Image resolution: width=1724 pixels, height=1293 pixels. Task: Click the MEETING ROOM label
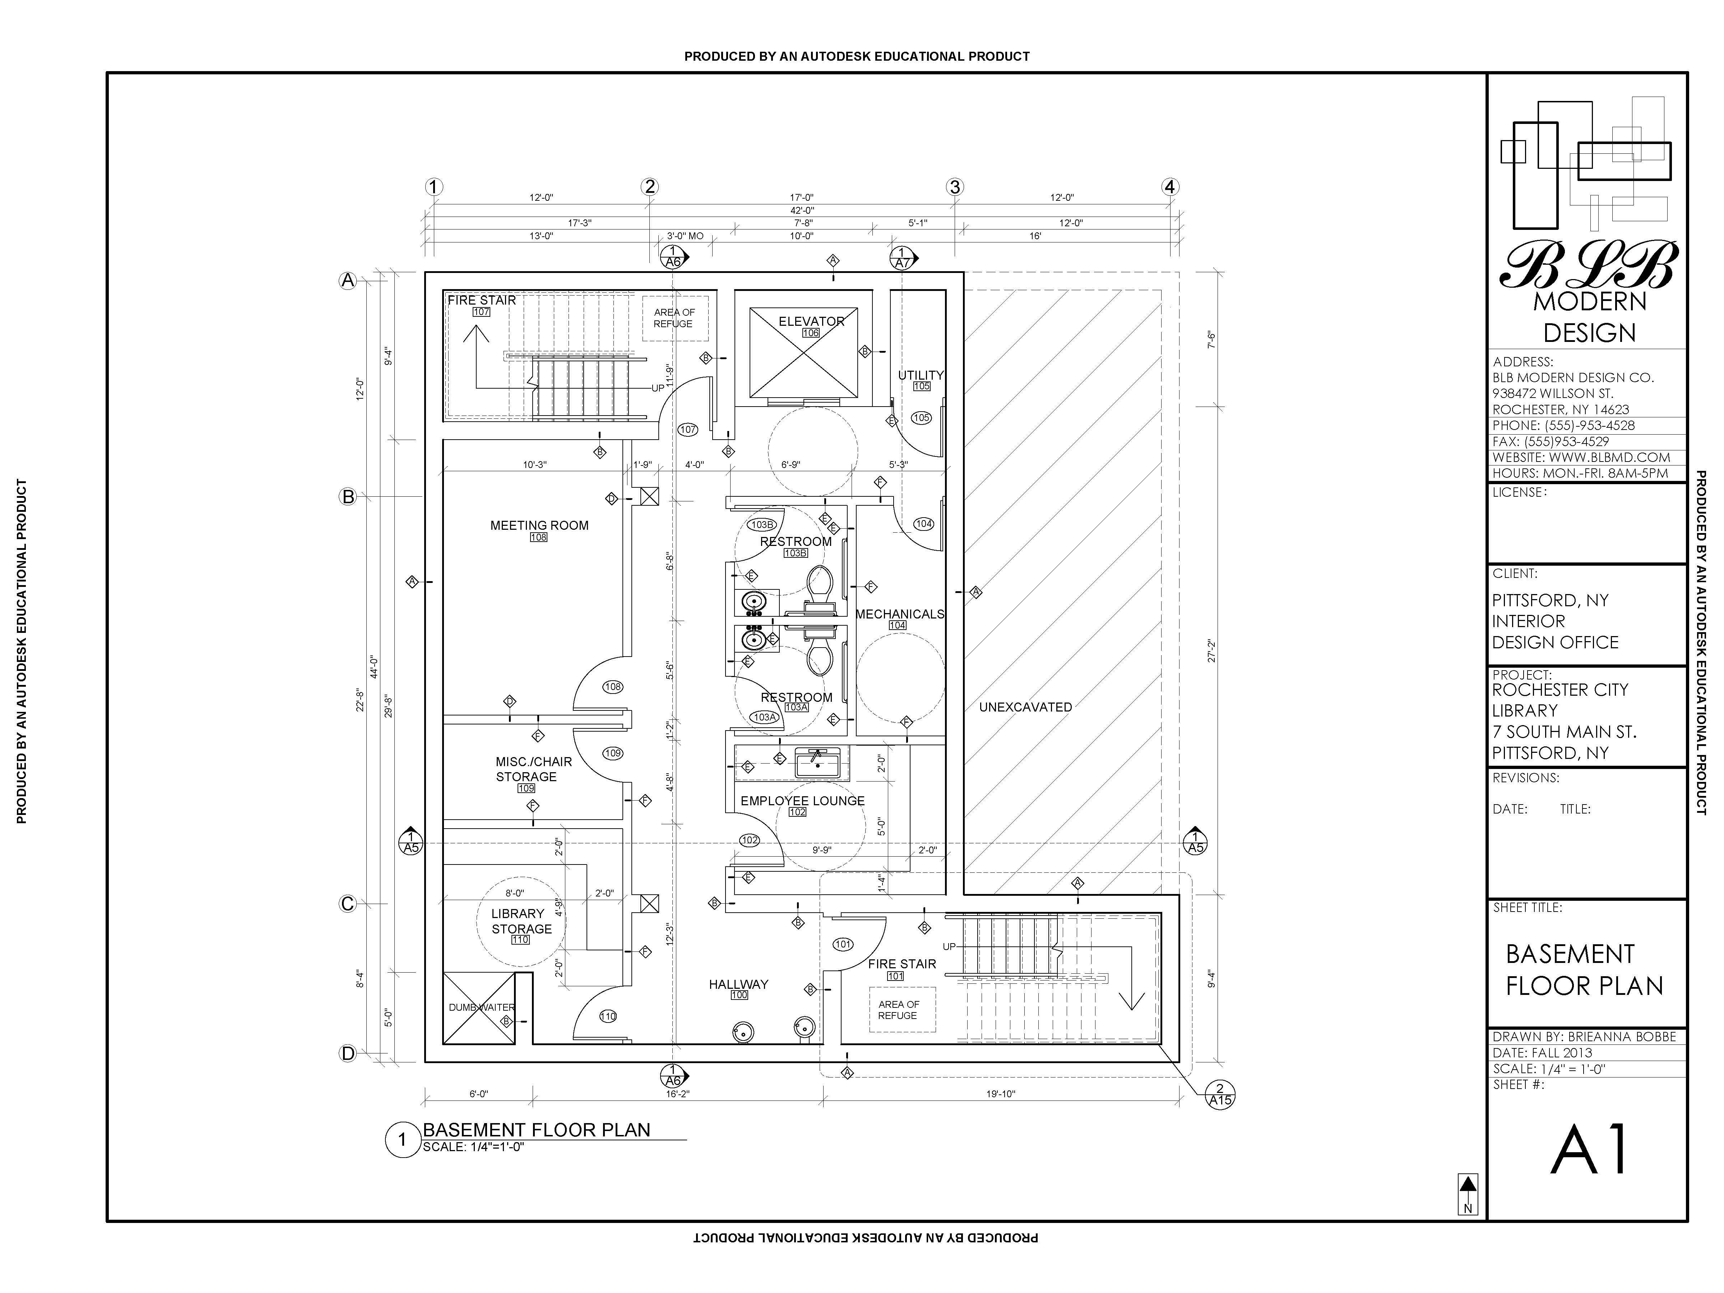point(539,525)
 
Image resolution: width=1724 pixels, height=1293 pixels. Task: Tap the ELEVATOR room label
point(811,321)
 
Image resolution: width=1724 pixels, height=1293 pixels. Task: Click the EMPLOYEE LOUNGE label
point(803,801)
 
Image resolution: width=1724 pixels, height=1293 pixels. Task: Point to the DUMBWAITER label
point(482,1007)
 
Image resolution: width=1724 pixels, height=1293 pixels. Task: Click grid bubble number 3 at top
point(955,187)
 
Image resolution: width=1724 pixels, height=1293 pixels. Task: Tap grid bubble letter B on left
point(348,496)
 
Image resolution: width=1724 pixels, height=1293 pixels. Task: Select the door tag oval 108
point(613,687)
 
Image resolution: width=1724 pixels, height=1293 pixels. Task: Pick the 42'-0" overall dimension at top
point(802,210)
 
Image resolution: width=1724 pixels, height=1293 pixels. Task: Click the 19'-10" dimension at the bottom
point(1001,1093)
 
